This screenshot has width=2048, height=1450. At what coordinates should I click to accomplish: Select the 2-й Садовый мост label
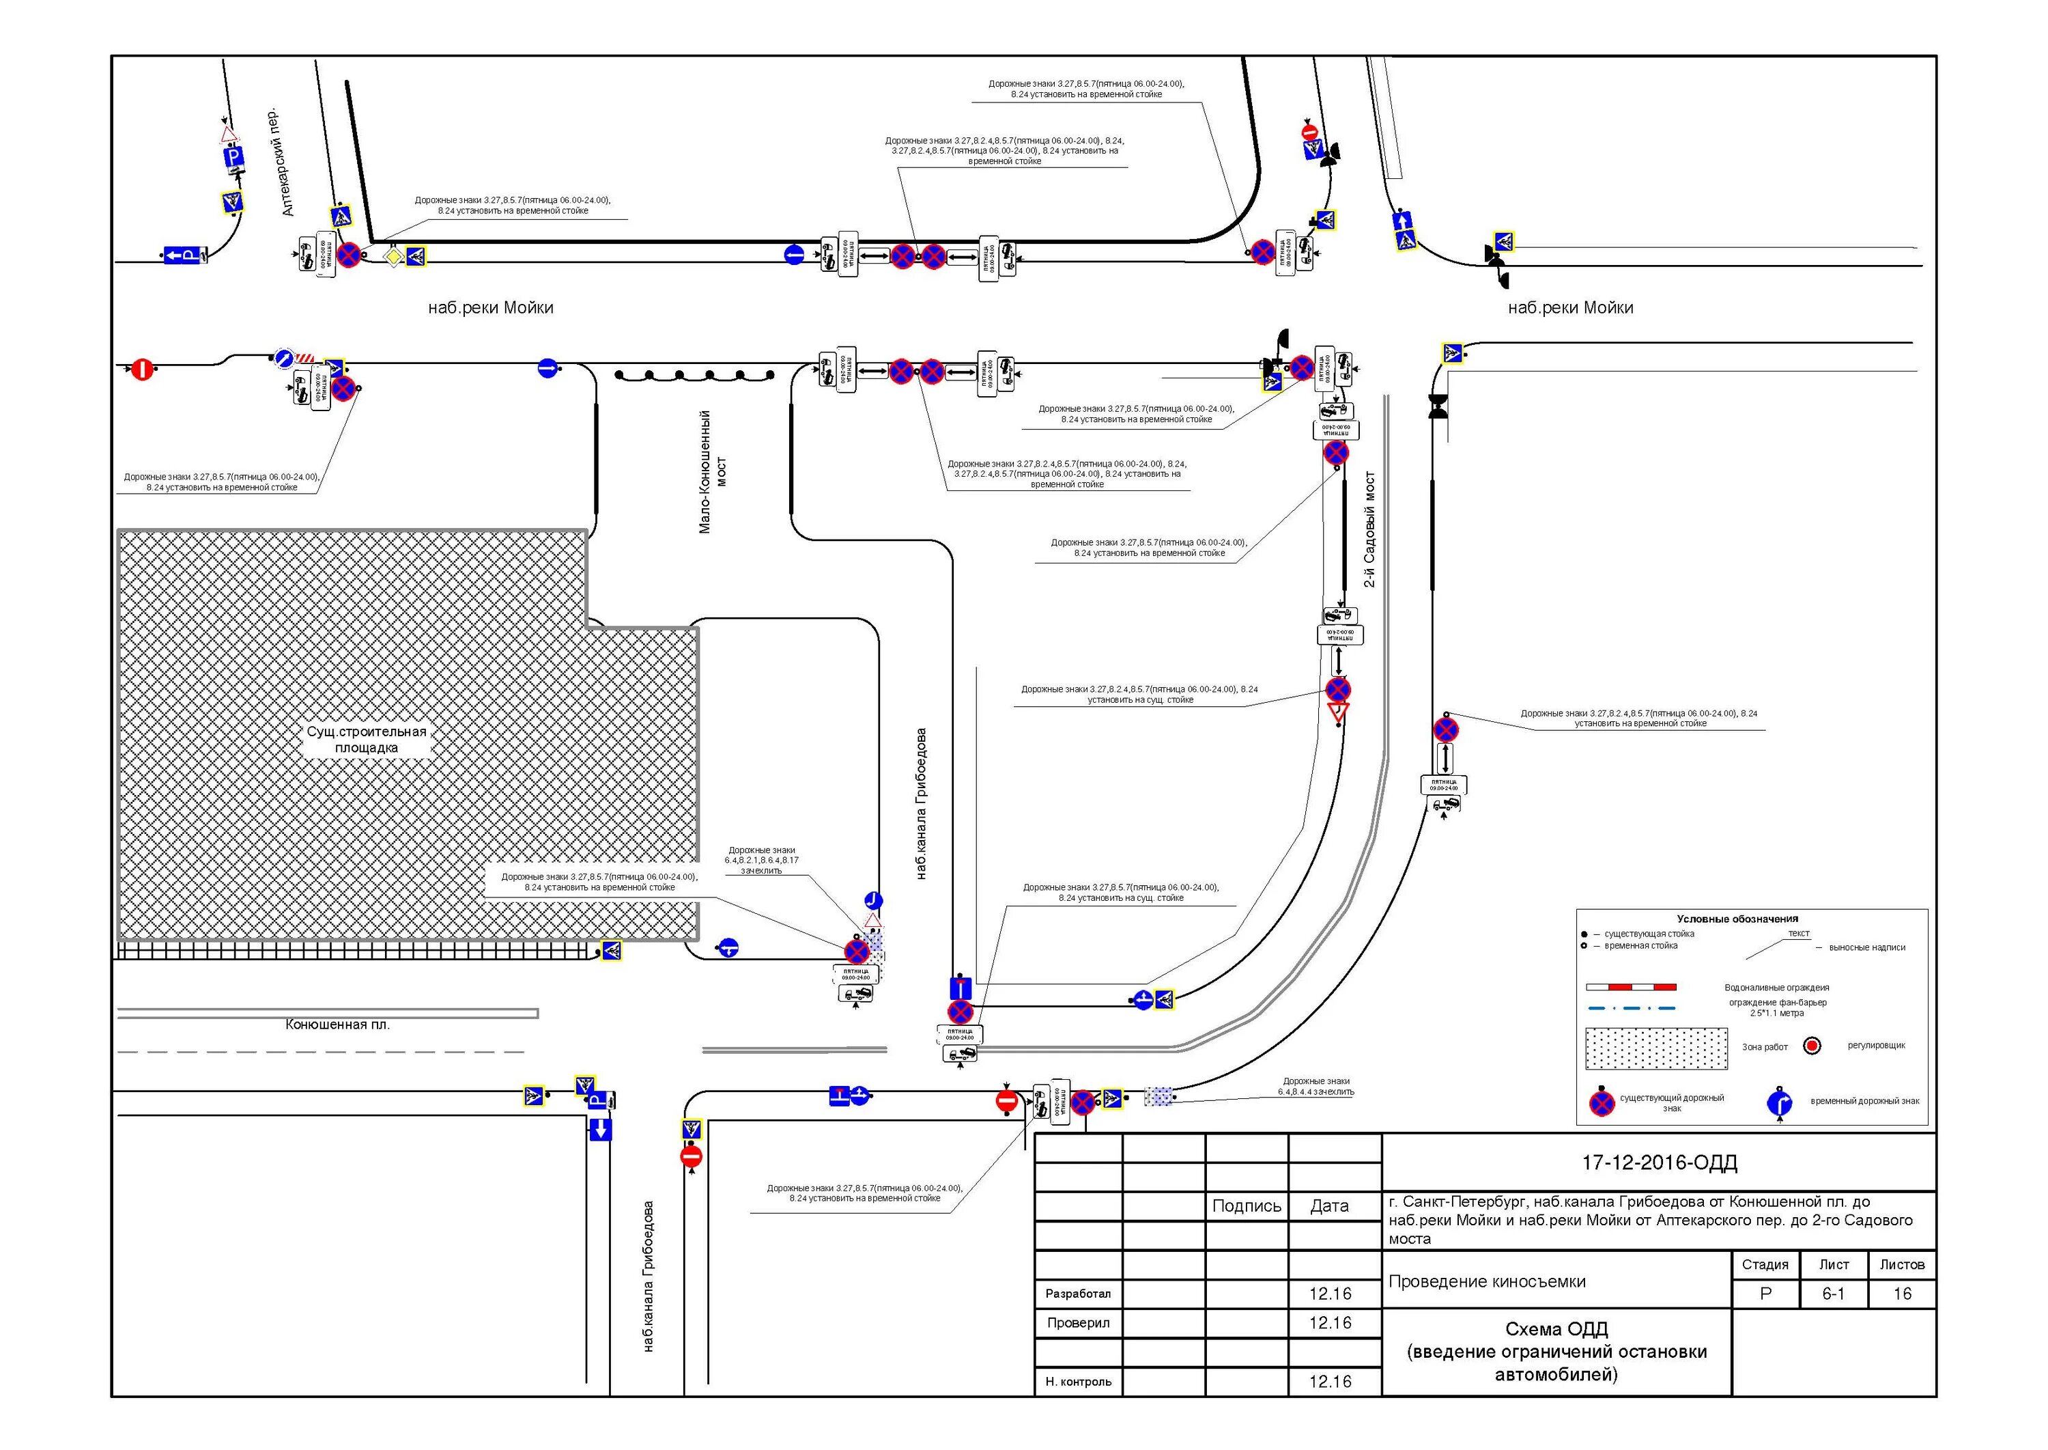[1370, 529]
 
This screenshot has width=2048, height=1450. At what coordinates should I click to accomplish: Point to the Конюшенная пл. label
[337, 1024]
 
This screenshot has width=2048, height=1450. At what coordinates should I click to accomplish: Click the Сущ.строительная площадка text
[367, 739]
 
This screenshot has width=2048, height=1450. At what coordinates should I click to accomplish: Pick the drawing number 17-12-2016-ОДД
[1659, 1162]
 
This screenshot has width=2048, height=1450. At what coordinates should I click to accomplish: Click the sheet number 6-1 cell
[1832, 1294]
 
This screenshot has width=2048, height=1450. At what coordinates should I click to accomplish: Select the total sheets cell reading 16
[1902, 1294]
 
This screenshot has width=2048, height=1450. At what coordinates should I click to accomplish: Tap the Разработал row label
[1078, 1294]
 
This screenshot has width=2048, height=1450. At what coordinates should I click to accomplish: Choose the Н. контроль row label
[1078, 1381]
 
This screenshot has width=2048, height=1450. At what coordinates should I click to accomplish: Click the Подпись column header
[1247, 1206]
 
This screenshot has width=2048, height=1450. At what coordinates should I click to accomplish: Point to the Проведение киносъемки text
[1488, 1281]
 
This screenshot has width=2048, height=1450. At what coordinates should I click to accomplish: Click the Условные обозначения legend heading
[1737, 919]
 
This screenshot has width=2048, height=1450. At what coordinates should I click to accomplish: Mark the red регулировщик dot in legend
[1812, 1046]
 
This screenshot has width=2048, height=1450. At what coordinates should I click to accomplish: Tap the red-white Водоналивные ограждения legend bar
[1630, 988]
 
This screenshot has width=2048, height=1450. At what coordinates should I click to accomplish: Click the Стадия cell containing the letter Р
[1765, 1294]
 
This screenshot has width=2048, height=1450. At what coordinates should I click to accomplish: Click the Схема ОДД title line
[1556, 1328]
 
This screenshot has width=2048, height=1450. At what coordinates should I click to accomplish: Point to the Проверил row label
[1078, 1322]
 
